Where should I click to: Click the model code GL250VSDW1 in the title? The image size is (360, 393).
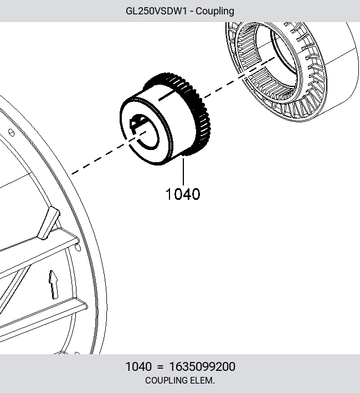(156, 11)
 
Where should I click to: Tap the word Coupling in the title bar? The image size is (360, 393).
(215, 12)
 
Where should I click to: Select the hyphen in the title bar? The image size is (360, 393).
(192, 12)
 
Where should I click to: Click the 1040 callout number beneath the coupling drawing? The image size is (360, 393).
(183, 194)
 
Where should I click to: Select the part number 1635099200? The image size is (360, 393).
(202, 366)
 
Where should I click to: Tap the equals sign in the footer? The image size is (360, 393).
(160, 367)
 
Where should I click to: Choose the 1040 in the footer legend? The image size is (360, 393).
(138, 366)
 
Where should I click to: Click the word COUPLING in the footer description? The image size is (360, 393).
(166, 380)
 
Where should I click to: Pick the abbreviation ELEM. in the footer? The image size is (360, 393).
(203, 380)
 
